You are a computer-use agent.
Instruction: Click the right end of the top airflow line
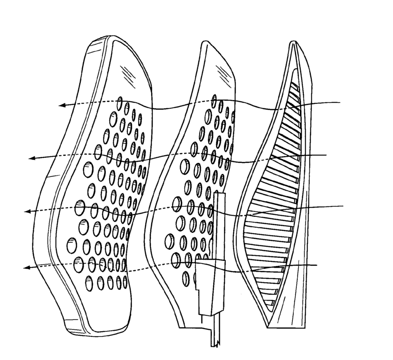tap(341, 103)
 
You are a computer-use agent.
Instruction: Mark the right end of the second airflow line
tap(326, 155)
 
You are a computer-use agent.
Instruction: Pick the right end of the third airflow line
tap(343, 206)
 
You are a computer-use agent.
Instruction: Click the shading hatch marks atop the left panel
tap(126, 73)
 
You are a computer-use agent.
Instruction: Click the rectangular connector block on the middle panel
tap(210, 284)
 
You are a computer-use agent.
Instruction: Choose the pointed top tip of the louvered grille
tap(293, 42)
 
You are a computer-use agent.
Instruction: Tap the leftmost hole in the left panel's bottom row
tap(89, 283)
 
